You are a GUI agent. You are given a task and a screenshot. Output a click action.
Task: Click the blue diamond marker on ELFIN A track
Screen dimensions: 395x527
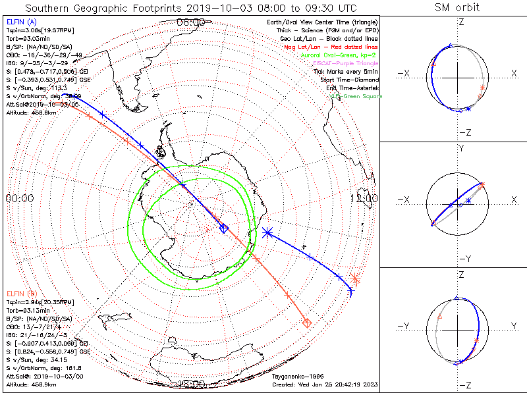224,228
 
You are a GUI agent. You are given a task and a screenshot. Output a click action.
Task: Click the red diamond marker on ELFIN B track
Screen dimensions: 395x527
306,323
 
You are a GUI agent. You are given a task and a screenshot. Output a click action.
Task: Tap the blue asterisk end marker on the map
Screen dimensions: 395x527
267,232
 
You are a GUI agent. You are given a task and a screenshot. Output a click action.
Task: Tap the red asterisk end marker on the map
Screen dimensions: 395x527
356,278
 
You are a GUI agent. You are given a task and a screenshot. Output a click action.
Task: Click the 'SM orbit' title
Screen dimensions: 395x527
457,8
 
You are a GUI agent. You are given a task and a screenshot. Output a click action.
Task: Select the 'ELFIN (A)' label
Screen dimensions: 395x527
21,22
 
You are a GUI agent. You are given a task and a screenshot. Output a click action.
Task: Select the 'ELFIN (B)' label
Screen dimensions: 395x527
21,293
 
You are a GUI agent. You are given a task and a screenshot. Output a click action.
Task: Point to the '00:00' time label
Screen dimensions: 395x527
20,198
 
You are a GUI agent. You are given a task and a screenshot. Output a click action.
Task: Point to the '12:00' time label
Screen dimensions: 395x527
364,198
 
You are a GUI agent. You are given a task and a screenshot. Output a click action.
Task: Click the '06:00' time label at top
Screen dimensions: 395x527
191,22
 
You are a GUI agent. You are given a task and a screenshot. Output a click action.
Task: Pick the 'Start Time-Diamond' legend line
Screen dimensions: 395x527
349,80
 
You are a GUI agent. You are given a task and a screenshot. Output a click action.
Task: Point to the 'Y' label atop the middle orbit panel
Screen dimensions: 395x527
460,149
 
